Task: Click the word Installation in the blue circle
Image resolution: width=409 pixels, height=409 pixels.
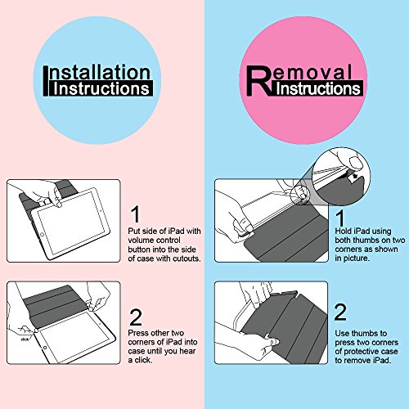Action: (x=97, y=72)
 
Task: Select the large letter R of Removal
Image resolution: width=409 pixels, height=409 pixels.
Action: (x=259, y=81)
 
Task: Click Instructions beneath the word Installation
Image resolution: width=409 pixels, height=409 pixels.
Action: (x=101, y=88)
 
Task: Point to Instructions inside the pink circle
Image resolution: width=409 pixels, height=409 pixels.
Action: (x=318, y=88)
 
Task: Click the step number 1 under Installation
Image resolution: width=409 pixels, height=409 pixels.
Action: (x=135, y=214)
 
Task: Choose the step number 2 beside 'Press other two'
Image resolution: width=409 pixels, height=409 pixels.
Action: (x=136, y=317)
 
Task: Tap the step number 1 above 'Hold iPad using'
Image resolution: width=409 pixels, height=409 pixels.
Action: (x=339, y=218)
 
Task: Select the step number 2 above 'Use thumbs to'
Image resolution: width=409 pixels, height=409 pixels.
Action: (x=340, y=312)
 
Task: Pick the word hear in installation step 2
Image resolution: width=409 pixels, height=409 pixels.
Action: (x=187, y=351)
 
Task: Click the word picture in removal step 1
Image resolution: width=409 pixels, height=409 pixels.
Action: (x=357, y=258)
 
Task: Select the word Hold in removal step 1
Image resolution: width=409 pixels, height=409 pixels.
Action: (x=344, y=231)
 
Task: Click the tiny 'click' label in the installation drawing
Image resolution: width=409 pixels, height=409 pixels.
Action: (x=25, y=339)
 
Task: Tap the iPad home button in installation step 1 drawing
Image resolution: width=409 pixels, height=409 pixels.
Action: (x=43, y=235)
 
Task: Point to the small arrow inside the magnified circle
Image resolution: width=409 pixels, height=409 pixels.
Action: (x=354, y=177)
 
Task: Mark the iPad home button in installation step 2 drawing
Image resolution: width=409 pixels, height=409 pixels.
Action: (x=45, y=348)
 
